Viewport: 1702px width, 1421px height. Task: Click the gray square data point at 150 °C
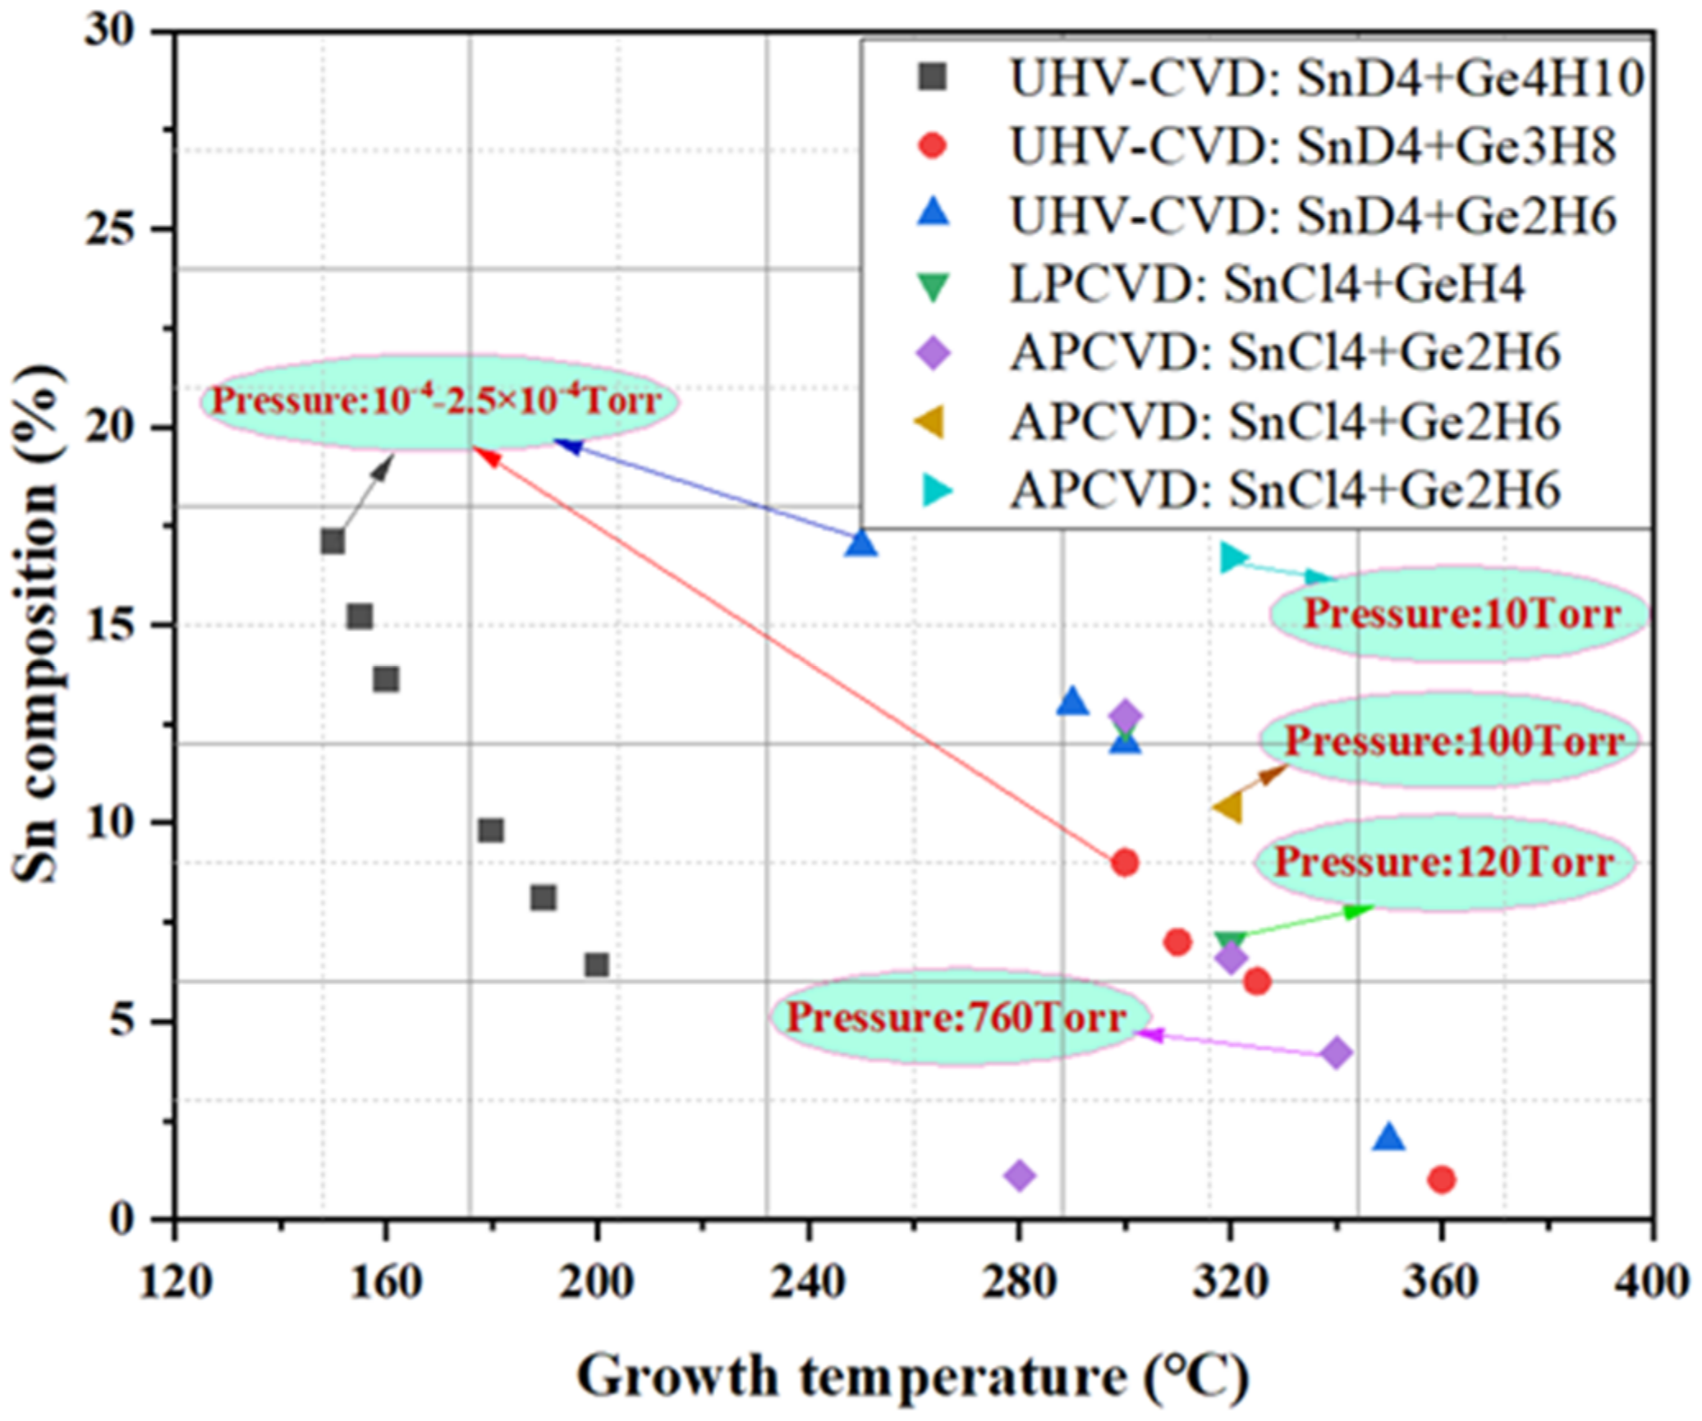[333, 542]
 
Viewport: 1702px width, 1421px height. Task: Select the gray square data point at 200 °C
[597, 965]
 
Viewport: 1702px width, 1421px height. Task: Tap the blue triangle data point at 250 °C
[860, 543]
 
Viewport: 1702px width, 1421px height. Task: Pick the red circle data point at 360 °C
[1442, 1180]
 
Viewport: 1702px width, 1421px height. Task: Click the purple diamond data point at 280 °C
[1020, 1176]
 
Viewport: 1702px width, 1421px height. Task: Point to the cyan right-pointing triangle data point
[1232, 557]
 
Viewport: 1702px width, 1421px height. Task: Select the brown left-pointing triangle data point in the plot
[1229, 808]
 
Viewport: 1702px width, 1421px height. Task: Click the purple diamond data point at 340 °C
[1337, 1052]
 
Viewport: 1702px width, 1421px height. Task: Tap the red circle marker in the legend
[934, 146]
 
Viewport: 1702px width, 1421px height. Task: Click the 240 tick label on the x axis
[808, 1281]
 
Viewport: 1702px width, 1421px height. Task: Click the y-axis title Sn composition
[37, 624]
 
